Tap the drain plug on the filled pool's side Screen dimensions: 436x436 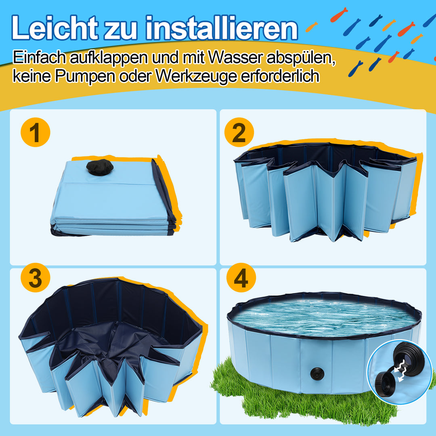tap(315, 373)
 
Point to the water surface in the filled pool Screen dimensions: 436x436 tap(323, 317)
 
